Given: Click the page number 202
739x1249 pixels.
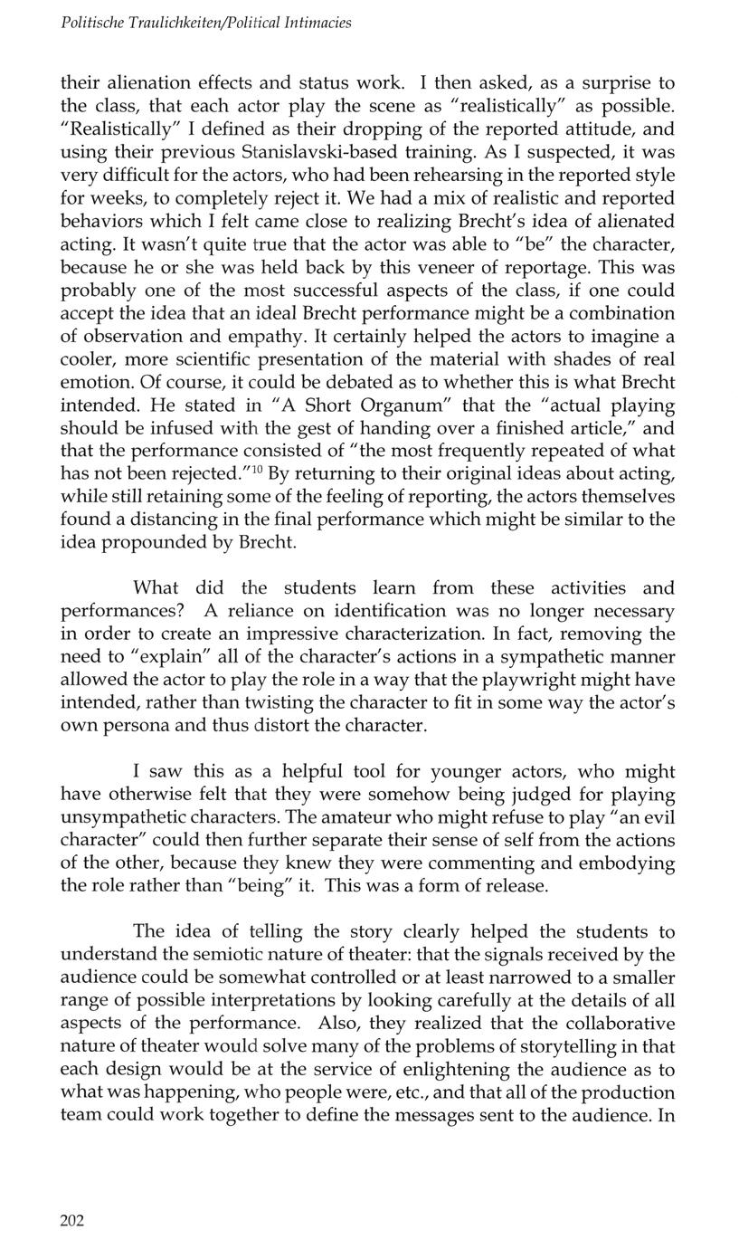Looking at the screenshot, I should [x=71, y=1221].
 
